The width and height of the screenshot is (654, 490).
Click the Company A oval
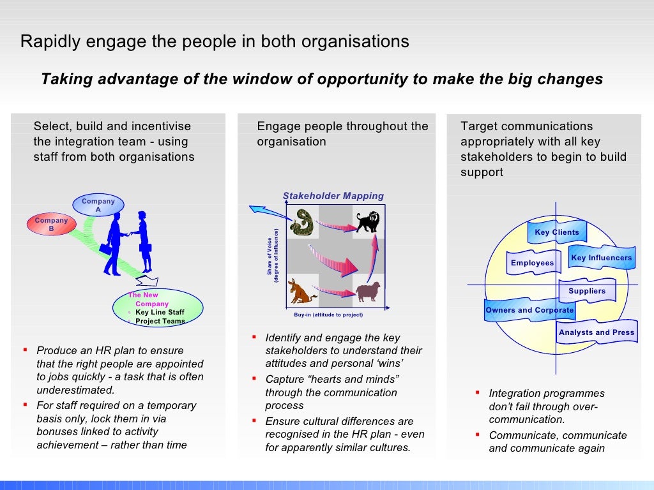pyautogui.click(x=98, y=205)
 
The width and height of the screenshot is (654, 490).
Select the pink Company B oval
pyautogui.click(x=51, y=225)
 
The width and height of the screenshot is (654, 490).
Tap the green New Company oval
pyautogui.click(x=158, y=308)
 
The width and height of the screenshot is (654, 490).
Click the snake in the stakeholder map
pyautogui.click(x=301, y=221)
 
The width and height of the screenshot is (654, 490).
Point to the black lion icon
pyautogui.click(x=368, y=222)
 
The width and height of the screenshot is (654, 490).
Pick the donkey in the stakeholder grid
pyautogui.click(x=301, y=291)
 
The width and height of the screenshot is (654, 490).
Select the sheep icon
pyautogui.click(x=368, y=292)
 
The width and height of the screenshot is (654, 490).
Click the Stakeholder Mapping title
pyautogui.click(x=333, y=196)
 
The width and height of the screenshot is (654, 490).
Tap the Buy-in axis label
pyautogui.click(x=328, y=315)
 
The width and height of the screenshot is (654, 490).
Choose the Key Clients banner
pyautogui.click(x=557, y=232)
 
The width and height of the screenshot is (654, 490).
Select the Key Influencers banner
pyautogui.click(x=601, y=258)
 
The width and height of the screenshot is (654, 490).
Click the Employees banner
pyautogui.click(x=533, y=263)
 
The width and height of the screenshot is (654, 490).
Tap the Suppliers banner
pyautogui.click(x=587, y=291)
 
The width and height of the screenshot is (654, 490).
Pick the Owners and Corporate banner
pyautogui.click(x=529, y=310)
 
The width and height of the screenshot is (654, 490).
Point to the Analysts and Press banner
pyautogui.click(x=597, y=332)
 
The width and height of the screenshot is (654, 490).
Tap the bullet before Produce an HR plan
pyautogui.click(x=25, y=350)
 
